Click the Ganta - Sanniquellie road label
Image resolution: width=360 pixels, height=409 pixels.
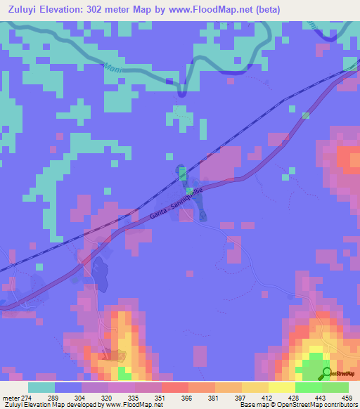pos(179,207)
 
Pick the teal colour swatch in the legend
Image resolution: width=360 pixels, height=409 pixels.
pos(41,387)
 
